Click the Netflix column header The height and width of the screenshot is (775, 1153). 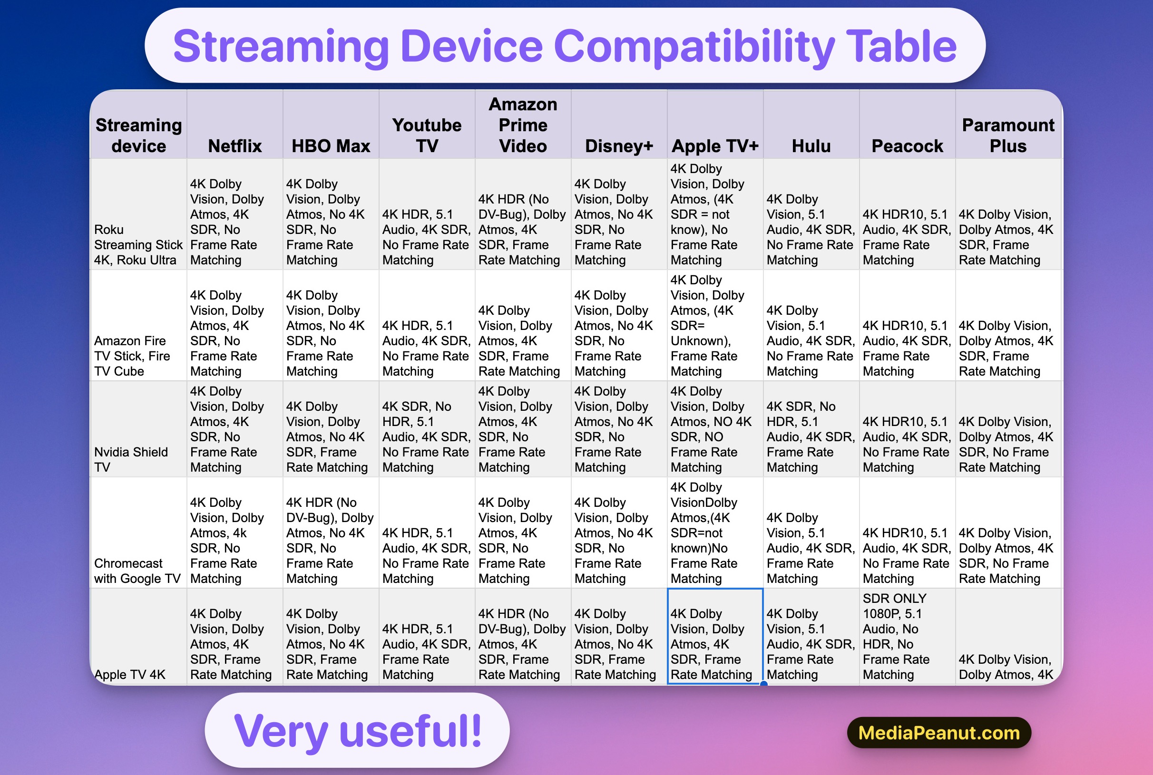coord(235,146)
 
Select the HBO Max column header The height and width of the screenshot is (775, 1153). coord(331,146)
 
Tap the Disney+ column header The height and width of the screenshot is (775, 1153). coord(619,146)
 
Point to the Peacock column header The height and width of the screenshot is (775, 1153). coord(907,146)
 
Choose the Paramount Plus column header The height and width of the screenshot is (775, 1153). coord(1008,136)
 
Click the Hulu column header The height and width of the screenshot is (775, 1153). coord(811,146)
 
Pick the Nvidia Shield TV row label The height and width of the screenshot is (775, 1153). coord(131,459)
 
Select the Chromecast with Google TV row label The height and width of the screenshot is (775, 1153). coord(137,571)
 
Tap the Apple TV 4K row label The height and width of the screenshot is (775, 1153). coord(130,674)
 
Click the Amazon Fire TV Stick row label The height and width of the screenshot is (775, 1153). coord(132,356)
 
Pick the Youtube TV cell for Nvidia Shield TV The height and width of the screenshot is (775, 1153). coord(427,436)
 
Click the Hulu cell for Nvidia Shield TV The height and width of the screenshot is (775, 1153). coord(811,436)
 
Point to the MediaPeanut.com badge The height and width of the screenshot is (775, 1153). coord(939,733)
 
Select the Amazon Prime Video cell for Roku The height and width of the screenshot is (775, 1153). coord(523,229)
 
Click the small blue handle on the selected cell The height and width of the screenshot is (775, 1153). coord(763,684)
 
